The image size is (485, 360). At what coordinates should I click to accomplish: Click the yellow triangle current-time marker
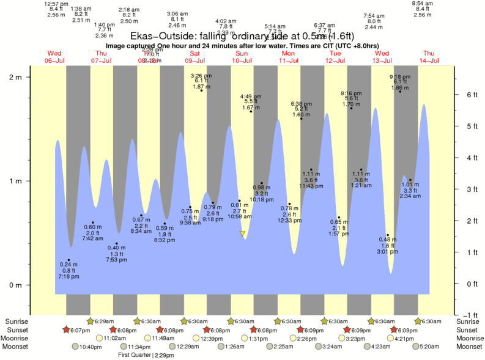[x=243, y=233]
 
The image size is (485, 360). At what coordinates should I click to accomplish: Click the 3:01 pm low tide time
[x=387, y=250]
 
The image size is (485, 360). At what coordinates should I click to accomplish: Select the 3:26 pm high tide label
[x=201, y=75]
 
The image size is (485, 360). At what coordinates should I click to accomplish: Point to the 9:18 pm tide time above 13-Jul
[x=400, y=76]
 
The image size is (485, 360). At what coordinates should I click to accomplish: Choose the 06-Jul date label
[x=54, y=61]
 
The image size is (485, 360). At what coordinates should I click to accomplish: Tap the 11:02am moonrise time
[x=115, y=338]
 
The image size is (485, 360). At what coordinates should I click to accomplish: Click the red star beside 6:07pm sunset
[x=66, y=329]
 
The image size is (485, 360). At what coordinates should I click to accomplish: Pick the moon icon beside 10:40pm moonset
[x=75, y=347]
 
